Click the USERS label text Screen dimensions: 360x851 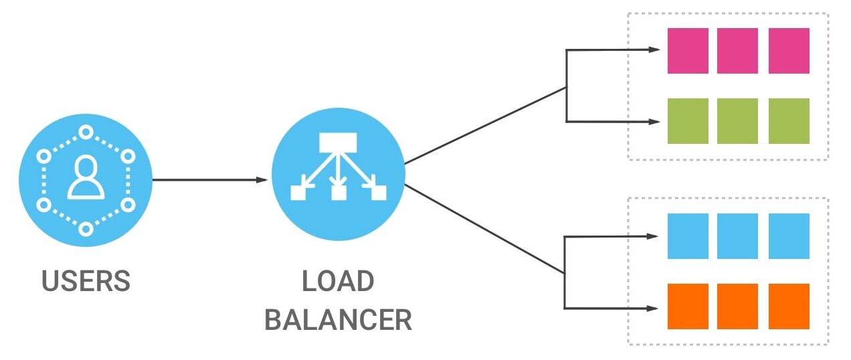(86, 281)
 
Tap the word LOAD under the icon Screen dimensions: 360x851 (338, 281)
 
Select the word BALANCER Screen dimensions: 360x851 (338, 320)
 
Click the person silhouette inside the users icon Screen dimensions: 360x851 (86, 177)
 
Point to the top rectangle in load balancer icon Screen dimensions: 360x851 (339, 142)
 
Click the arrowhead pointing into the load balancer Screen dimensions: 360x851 (263, 179)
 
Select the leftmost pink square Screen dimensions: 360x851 (688, 51)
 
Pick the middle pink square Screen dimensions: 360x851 (737, 51)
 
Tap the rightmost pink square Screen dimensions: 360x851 (789, 51)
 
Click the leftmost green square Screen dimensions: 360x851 (688, 121)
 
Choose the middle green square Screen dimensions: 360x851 (737, 121)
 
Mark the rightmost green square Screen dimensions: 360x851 (789, 121)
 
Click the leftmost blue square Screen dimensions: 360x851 (688, 236)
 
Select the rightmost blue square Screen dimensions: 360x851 (789, 236)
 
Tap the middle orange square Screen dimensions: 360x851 (737, 306)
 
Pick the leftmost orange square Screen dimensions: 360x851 (688, 306)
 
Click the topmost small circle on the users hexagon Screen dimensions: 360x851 (86, 132)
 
